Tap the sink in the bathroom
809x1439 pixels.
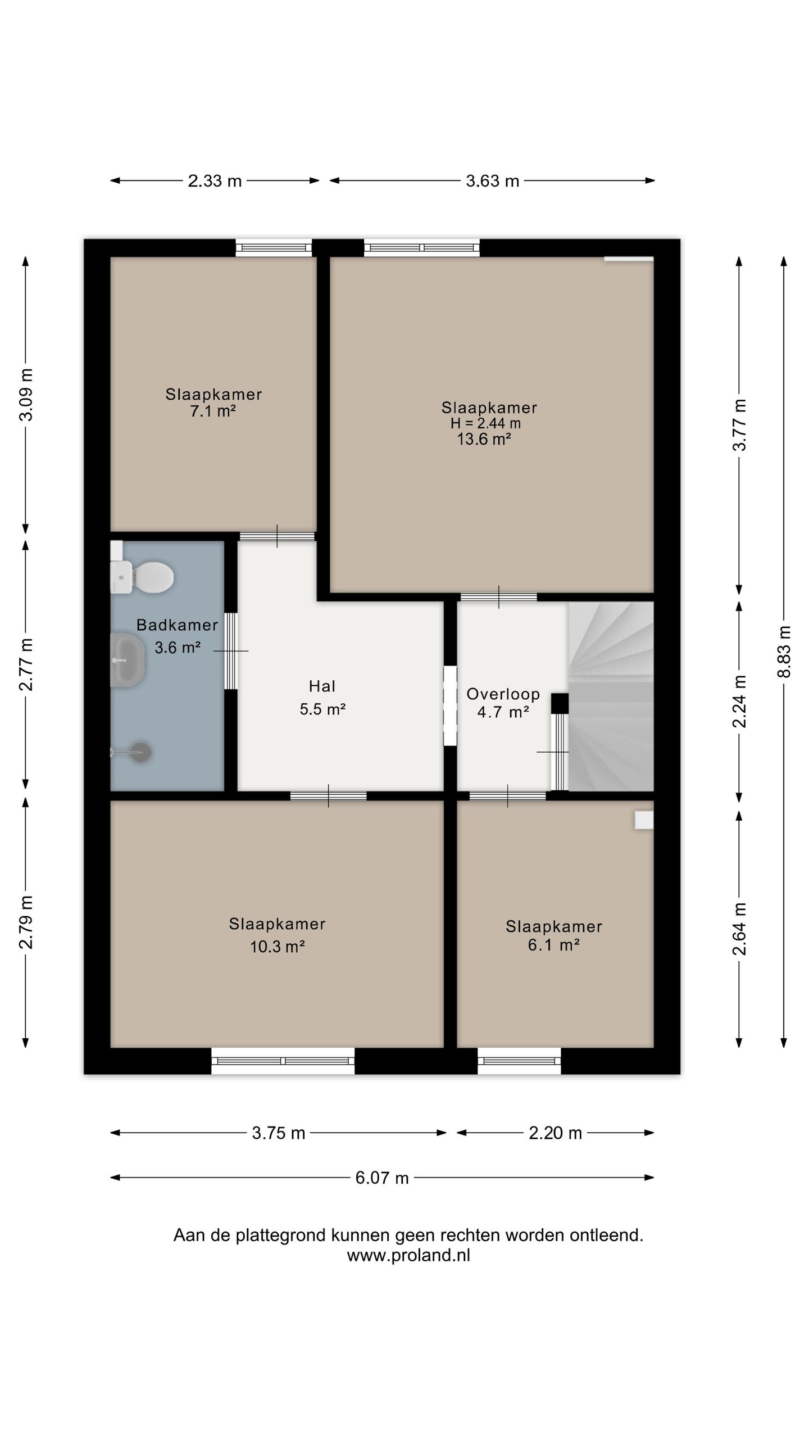point(128,660)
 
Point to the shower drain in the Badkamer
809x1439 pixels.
point(140,752)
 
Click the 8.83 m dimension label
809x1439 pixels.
point(784,652)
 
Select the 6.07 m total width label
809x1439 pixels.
point(382,1178)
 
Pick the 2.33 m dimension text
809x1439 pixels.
point(215,181)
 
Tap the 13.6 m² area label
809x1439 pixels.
point(484,439)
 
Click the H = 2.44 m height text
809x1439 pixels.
point(485,423)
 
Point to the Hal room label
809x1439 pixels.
point(322,686)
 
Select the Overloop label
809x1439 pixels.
point(503,694)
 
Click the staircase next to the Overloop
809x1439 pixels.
point(611,696)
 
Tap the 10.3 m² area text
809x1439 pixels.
point(278,947)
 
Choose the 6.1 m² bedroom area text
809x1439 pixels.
point(554,944)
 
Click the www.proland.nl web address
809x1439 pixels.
point(408,1255)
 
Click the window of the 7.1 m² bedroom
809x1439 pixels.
point(274,247)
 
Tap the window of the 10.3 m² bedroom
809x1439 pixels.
point(283,1061)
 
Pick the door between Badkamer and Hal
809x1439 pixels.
point(231,651)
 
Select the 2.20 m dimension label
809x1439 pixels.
point(555,1133)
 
